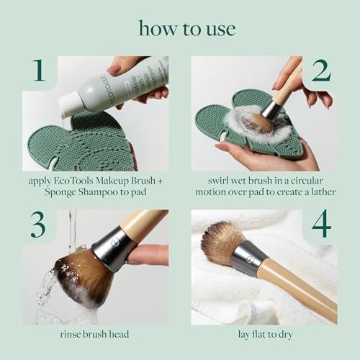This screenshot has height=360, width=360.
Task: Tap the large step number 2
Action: pyautogui.click(x=321, y=71)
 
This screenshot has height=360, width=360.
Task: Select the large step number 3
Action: pyautogui.click(x=37, y=224)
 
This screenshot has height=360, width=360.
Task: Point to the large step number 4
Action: pyautogui.click(x=321, y=225)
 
